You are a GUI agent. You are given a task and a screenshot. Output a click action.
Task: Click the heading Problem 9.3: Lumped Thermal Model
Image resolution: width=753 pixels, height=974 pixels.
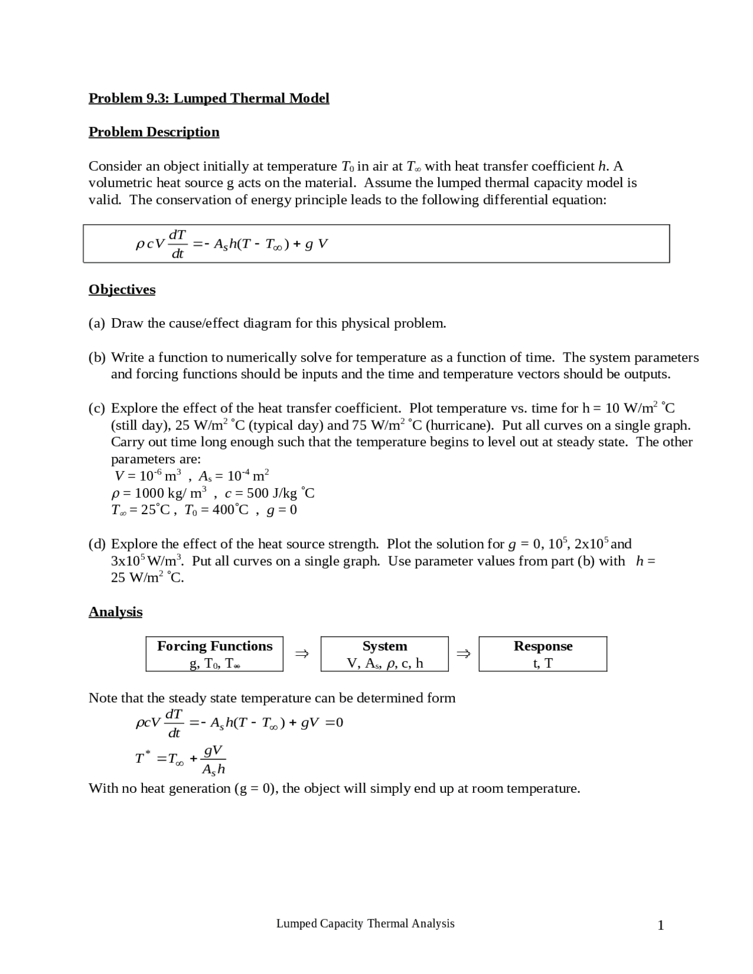tap(209, 98)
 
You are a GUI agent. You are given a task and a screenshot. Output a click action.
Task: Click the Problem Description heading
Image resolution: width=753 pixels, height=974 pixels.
tap(154, 132)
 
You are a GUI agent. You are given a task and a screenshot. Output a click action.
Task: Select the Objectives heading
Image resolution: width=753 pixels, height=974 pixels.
tap(122, 289)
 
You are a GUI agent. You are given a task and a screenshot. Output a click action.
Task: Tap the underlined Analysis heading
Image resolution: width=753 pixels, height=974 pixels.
tap(115, 612)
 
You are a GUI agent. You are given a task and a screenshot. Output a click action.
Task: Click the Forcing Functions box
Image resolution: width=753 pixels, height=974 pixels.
tap(214, 654)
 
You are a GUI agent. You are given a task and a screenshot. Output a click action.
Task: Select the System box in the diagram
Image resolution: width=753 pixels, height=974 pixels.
tap(384, 654)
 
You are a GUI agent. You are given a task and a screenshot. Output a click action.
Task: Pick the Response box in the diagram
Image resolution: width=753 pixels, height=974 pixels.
tap(542, 654)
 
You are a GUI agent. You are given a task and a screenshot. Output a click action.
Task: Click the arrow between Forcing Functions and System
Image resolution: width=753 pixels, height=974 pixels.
tap(302, 653)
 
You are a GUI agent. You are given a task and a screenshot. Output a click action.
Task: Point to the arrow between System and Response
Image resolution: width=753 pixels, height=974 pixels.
tap(464, 653)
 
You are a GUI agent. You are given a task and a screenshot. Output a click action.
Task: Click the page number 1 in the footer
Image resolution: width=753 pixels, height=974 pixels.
tap(661, 926)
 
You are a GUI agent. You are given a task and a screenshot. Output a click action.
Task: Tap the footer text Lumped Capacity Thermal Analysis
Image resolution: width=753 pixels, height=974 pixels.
tap(365, 923)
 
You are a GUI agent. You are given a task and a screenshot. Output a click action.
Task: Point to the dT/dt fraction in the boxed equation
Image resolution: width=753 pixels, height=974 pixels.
tap(177, 244)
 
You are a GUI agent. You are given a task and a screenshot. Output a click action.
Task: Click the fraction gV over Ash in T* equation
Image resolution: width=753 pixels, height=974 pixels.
tap(213, 759)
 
